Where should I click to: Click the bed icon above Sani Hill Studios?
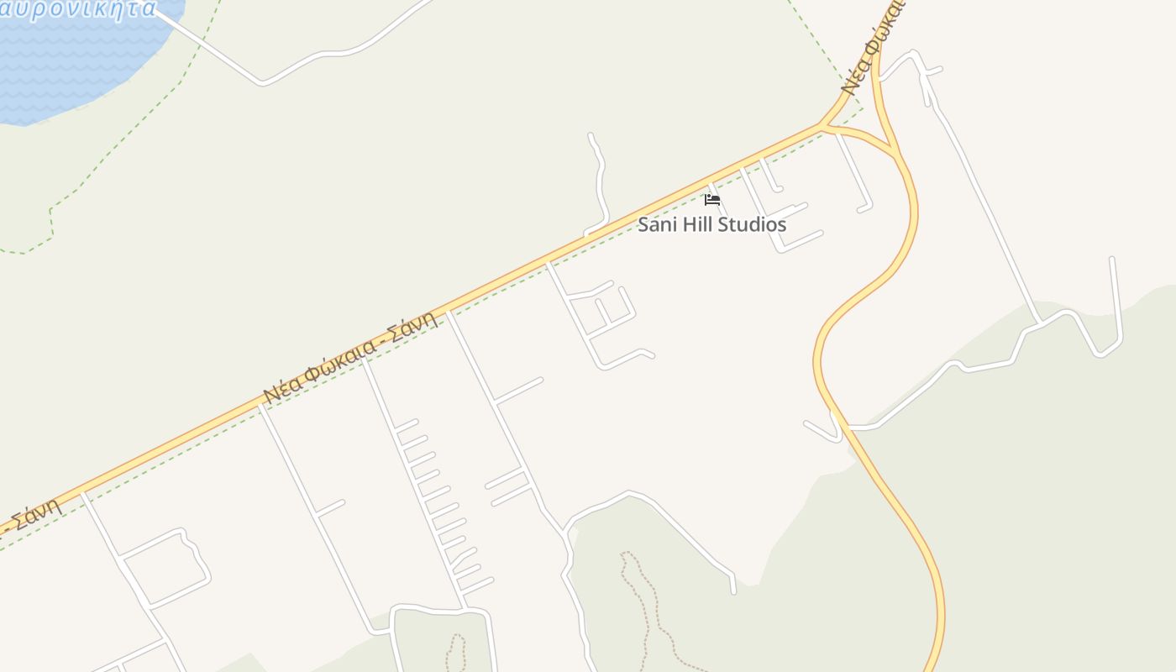pyautogui.click(x=712, y=199)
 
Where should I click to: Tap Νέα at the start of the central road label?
pyautogui.click(x=279, y=389)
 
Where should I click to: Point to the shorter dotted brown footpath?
pyautogui.click(x=455, y=653)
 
